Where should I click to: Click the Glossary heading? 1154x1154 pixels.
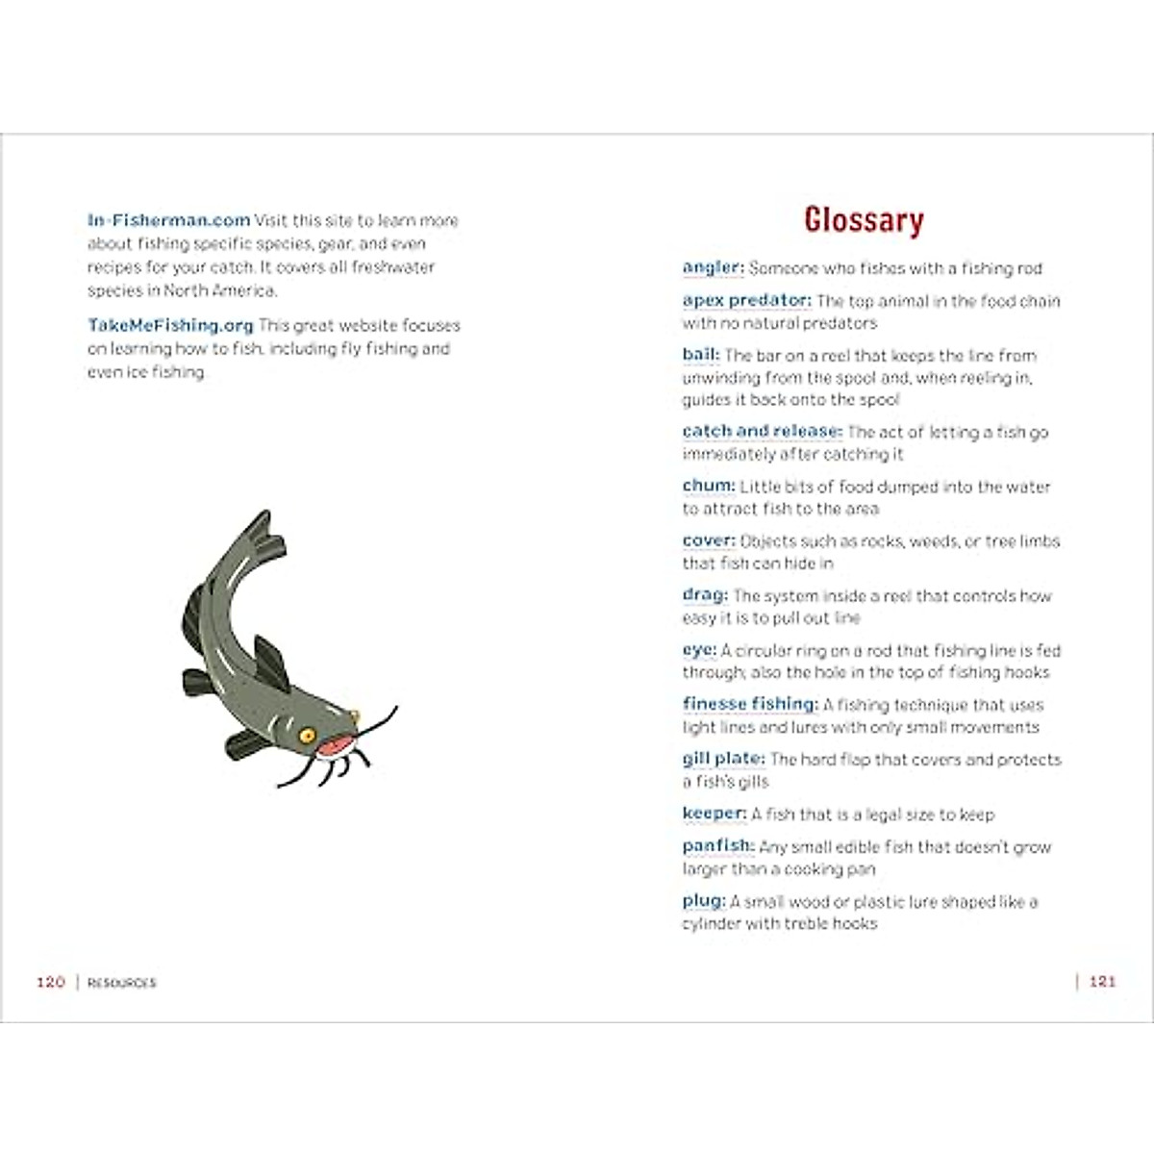pos(864,220)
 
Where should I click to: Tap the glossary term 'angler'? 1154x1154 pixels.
pos(713,267)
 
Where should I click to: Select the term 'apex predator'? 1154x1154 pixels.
pos(746,300)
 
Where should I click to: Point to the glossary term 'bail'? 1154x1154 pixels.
pos(700,355)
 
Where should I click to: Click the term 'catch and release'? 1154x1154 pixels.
pos(762,431)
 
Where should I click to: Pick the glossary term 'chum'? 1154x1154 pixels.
pos(708,486)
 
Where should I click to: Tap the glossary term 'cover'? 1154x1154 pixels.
pos(708,540)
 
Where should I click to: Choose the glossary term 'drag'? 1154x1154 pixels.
pos(705,595)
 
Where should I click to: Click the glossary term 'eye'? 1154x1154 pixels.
pos(699,650)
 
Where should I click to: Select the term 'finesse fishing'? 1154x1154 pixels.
pos(749,704)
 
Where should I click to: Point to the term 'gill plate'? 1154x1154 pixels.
pos(723,759)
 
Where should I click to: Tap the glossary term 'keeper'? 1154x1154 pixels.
pos(714,814)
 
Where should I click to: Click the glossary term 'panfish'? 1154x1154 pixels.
pos(717,846)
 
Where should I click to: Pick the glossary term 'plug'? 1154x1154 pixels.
pos(703,901)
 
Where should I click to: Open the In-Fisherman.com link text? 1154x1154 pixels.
pos(168,220)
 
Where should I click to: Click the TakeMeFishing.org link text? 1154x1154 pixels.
pos(170,325)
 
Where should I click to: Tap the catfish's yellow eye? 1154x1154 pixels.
pos(307,735)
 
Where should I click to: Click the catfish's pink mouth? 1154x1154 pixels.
pos(334,746)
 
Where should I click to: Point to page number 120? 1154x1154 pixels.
pos(50,982)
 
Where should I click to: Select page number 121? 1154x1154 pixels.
pos(1102,982)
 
